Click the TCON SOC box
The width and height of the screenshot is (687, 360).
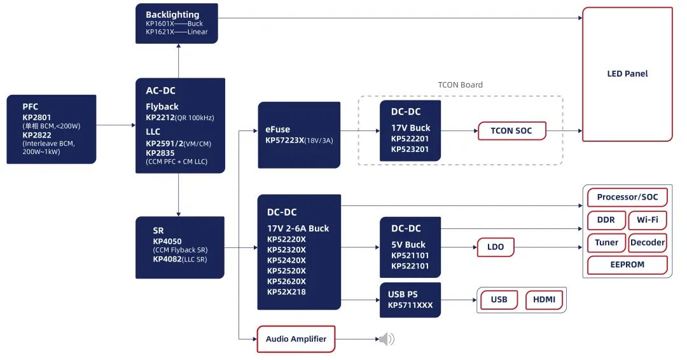[511, 131]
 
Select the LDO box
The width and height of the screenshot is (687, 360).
[495, 247]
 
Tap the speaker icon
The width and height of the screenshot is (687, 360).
[387, 339]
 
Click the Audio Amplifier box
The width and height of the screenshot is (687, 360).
[296, 339]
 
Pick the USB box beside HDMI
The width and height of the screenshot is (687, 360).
[499, 300]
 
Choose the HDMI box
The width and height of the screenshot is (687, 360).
[544, 300]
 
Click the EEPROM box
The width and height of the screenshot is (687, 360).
[627, 265]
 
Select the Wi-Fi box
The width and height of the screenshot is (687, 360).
[648, 220]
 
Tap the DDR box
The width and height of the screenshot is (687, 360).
[606, 220]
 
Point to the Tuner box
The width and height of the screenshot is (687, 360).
[606, 242]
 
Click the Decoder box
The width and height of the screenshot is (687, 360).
[648, 242]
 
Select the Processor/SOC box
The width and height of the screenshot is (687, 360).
[627, 197]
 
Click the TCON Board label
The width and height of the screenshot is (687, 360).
[461, 85]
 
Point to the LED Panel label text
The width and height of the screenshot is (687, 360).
[627, 74]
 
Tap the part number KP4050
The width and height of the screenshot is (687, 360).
[167, 241]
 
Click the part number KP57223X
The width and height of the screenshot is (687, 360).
[285, 141]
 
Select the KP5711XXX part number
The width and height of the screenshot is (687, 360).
[410, 305]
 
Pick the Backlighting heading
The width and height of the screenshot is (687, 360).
[172, 15]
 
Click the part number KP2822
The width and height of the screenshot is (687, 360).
[37, 135]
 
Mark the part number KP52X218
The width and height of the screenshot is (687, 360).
[286, 292]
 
